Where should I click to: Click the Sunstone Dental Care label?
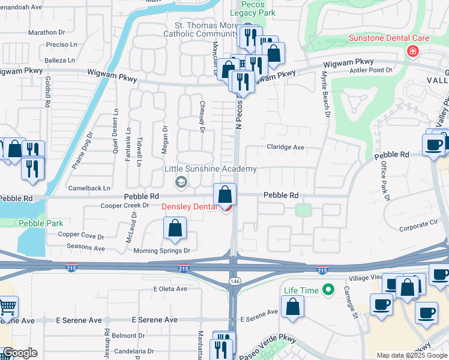click(x=388, y=38)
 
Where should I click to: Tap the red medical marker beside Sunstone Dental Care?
click(x=412, y=52)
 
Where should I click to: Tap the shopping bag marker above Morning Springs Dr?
click(x=175, y=228)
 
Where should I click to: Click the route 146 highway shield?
click(x=234, y=281)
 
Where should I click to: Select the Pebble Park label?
click(x=41, y=223)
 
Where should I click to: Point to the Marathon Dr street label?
click(x=46, y=32)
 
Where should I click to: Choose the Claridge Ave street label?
click(x=285, y=147)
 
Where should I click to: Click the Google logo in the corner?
click(x=20, y=353)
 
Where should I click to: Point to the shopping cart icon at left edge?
click(x=7, y=307)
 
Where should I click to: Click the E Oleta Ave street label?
click(x=173, y=289)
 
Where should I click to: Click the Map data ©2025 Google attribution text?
click(x=412, y=355)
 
